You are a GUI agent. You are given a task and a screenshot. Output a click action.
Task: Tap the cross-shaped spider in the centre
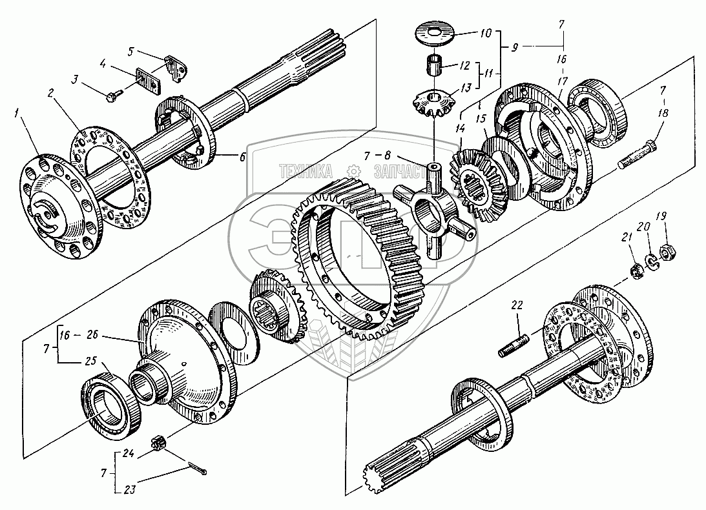pos(433,207)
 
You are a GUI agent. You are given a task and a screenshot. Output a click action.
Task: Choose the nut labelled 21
pos(634,268)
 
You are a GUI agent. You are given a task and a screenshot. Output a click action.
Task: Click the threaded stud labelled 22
pos(515,343)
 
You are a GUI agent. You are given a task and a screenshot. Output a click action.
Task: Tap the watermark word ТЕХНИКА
pos(306,171)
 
